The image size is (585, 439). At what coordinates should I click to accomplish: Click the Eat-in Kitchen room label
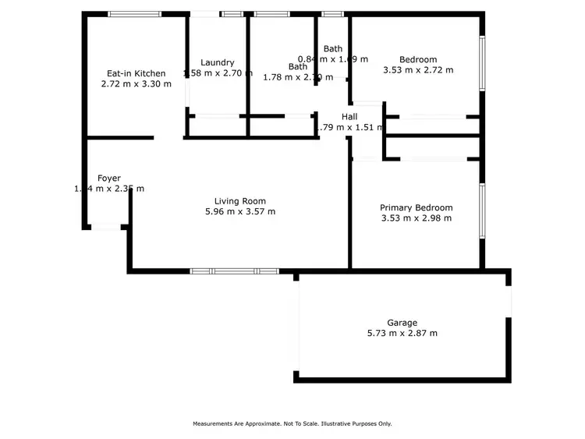(136, 74)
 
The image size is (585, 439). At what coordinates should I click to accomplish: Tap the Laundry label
(217, 63)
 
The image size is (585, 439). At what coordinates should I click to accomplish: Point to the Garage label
(402, 323)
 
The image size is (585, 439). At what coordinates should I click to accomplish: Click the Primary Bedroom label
(416, 207)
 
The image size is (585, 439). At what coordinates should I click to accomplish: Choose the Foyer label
(108, 179)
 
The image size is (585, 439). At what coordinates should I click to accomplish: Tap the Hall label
(349, 117)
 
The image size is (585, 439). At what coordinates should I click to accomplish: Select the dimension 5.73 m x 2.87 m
(402, 333)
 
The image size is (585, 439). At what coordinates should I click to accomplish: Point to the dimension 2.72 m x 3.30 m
(136, 84)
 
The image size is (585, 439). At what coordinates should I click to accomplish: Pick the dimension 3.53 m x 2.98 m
(416, 218)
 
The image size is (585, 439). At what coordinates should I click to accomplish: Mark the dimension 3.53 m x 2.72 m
(418, 69)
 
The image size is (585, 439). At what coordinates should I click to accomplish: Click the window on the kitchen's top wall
(134, 13)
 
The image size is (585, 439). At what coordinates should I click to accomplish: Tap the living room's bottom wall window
(234, 271)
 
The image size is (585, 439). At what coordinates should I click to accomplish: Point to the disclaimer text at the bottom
(292, 424)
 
